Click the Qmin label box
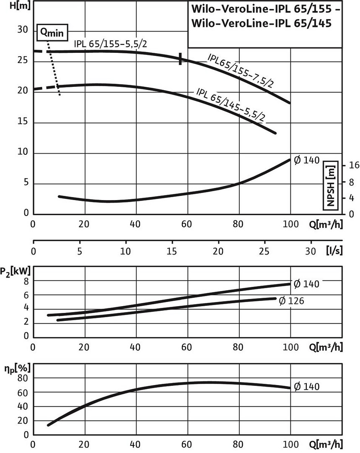tap(52, 32)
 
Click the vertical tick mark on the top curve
tap(181, 59)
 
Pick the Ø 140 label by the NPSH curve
tap(307, 160)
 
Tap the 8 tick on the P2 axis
tap(26, 281)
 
